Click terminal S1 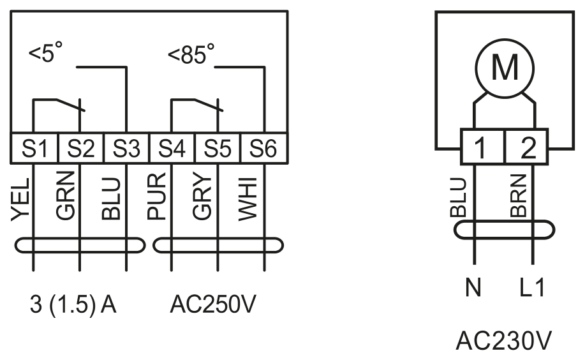tap(34, 148)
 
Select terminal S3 tap(126, 148)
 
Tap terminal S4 tap(172, 148)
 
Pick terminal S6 tap(263, 148)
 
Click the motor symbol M tap(505, 68)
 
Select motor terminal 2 tap(527, 147)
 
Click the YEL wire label tap(20, 199)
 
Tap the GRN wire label tap(66, 195)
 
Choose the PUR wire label tap(157, 196)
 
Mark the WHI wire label tap(248, 199)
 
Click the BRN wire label tap(519, 196)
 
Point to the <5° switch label tap(45, 52)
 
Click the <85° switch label tap(191, 54)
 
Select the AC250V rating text tap(213, 304)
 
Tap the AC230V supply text tap(504, 341)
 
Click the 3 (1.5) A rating tap(73, 304)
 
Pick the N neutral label tap(473, 287)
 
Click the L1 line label tap(533, 287)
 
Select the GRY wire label tap(202, 197)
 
